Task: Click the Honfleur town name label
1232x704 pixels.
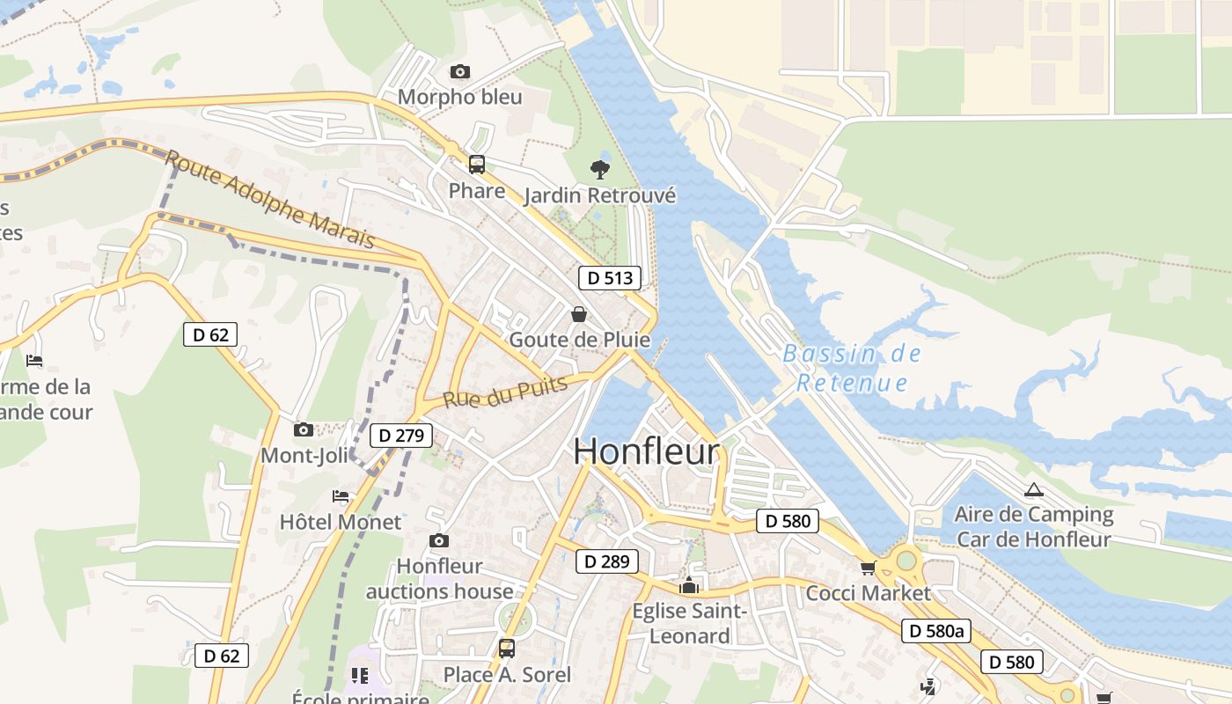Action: (646, 451)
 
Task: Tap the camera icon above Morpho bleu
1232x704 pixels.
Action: (459, 71)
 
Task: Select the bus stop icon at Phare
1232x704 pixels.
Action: (476, 164)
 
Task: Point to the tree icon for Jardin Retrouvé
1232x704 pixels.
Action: (600, 169)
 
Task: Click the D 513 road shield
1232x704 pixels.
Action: (610, 278)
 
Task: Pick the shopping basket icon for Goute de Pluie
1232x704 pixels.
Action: (579, 313)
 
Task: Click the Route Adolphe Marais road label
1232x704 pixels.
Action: (269, 199)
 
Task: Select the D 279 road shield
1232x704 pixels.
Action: (401, 435)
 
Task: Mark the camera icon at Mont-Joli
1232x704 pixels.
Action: (304, 429)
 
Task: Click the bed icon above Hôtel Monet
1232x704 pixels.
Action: (341, 497)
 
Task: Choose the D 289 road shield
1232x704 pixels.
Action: (607, 561)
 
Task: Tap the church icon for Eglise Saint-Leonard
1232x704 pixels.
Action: (689, 585)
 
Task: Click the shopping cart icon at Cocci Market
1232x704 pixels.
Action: (868, 568)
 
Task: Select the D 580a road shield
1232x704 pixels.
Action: (935, 631)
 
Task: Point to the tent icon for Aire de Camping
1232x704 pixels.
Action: (1033, 490)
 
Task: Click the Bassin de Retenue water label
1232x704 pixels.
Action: (852, 368)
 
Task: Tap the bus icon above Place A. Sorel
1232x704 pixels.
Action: (506, 649)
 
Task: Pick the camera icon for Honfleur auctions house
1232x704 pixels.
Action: (438, 540)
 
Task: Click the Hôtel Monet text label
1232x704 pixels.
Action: (340, 522)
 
